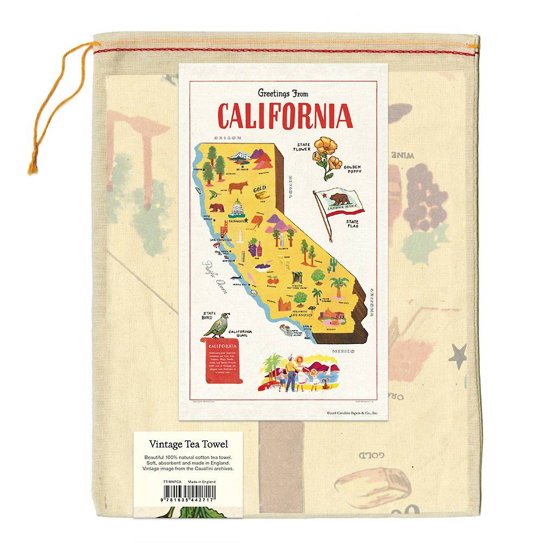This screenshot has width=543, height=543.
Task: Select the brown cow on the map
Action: point(237,187)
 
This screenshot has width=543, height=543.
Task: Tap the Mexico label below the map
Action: point(343,352)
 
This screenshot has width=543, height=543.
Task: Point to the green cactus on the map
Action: point(332,264)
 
